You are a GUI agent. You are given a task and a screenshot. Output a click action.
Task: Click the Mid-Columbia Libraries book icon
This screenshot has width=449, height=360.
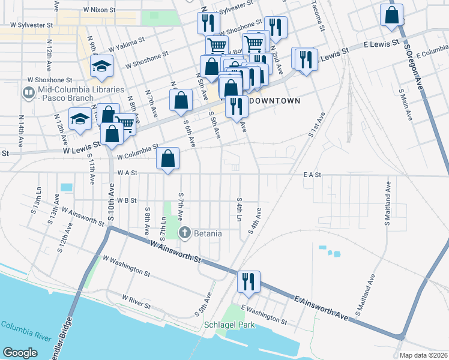coord(28,92)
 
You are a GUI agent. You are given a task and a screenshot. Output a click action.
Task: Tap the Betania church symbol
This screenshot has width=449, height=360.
coord(185,233)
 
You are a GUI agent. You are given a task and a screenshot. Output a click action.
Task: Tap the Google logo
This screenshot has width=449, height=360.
coord(20,353)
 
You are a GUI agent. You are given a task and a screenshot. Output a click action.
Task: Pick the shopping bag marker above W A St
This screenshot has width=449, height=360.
coord(169,159)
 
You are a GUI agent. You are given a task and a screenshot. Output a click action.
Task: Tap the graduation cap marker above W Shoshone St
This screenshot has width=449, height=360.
coord(101,66)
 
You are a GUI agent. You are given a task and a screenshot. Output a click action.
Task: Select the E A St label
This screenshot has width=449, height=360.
coord(312,174)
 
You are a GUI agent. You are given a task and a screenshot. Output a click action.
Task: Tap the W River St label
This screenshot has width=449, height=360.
coord(136,301)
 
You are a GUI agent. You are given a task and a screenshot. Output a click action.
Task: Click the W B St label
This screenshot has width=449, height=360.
coord(127,200)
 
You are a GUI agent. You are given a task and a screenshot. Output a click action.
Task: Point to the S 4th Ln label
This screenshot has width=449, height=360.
coord(239,208)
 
